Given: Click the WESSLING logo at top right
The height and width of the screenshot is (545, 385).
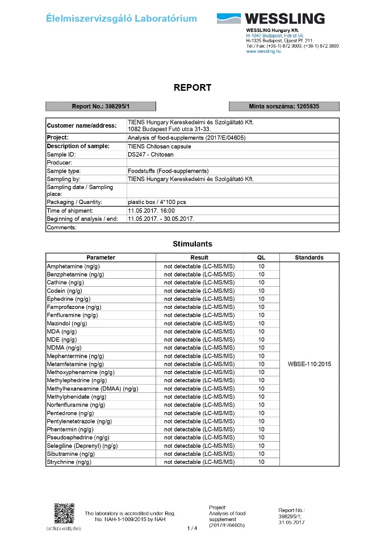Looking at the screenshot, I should pos(270,19).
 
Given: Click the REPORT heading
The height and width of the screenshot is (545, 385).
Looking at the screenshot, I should pos(192,87).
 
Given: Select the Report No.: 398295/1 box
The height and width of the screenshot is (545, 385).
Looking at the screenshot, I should pos(101,106).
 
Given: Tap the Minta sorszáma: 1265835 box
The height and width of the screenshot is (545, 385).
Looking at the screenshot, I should pos(284,106).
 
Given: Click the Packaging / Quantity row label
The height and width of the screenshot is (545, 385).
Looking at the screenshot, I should pos(74,202).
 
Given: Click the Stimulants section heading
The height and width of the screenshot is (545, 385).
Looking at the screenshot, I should pos(192,244).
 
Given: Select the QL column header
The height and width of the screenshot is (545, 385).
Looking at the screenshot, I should pos(261,257).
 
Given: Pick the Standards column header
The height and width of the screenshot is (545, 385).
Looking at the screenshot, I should pos(309,257).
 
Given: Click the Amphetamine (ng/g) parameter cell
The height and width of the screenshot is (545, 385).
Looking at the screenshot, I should pos(73,266).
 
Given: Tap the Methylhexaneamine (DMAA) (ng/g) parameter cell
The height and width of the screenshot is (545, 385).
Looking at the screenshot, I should pos(93,388).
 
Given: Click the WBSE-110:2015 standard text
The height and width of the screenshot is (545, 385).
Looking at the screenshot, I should pos(309,363).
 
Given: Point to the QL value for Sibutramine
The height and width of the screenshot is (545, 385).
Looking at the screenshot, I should pos(261,454).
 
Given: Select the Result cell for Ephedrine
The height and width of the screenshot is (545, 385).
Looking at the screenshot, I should pos(199,298).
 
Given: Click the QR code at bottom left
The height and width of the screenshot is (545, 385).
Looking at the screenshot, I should pos(64,513).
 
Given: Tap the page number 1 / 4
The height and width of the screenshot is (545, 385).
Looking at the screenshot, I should pos(192,529).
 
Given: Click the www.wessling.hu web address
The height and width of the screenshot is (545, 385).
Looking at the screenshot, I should pos(263,51).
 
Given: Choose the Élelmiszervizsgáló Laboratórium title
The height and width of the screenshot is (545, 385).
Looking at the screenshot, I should pos(122,19).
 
